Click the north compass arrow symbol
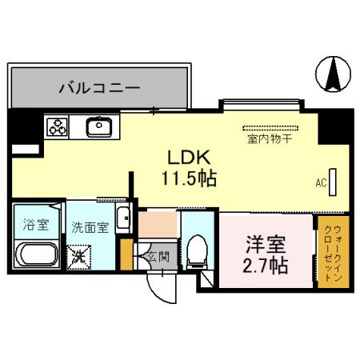click(334, 74)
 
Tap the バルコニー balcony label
click(98, 87)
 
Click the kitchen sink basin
click(99, 126)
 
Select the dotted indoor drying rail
click(270, 126)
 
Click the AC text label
click(321, 183)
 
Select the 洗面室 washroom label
click(89, 227)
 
